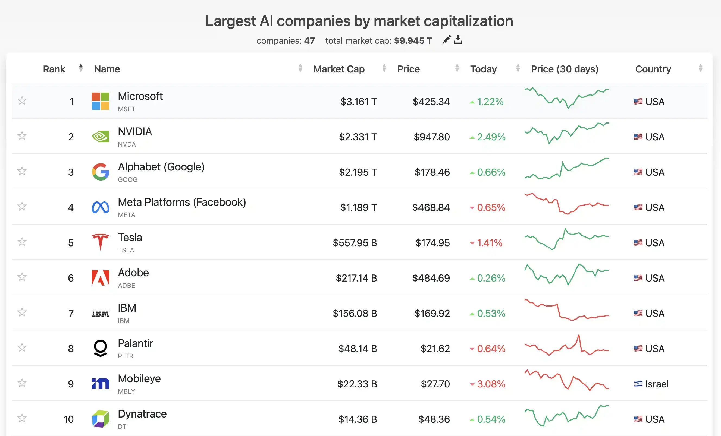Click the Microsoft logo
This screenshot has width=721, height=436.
pyautogui.click(x=100, y=101)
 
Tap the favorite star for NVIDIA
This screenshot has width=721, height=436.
pyautogui.click(x=22, y=136)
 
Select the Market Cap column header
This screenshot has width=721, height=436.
pyautogui.click(x=338, y=69)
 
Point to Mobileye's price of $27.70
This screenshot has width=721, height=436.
pyautogui.click(x=435, y=384)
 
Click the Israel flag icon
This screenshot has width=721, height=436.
pyautogui.click(x=638, y=384)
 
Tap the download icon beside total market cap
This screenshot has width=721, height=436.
pyautogui.click(x=458, y=39)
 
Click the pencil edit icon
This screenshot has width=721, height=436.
pyautogui.click(x=447, y=39)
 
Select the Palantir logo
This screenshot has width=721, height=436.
pyautogui.click(x=100, y=348)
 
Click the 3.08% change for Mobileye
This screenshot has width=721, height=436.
pyautogui.click(x=491, y=384)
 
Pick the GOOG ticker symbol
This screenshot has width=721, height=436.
pyautogui.click(x=128, y=179)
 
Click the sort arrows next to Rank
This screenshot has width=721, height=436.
pyautogui.click(x=81, y=68)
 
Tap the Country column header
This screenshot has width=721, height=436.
pyautogui.click(x=653, y=69)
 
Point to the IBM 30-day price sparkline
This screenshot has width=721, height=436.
pyautogui.click(x=566, y=310)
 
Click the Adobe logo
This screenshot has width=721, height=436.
pyautogui.click(x=100, y=277)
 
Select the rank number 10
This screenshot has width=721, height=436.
pyautogui.click(x=68, y=419)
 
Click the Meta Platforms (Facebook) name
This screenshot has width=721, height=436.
pyautogui.click(x=182, y=202)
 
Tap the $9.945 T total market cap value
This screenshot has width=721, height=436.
pyautogui.click(x=413, y=41)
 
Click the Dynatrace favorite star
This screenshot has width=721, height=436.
pyautogui.click(x=22, y=418)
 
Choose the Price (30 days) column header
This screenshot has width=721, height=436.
pyautogui.click(x=565, y=69)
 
